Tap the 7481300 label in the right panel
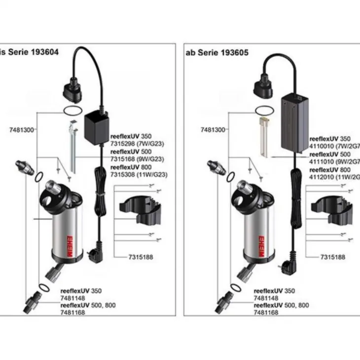[x=213, y=130]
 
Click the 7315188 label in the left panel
[x=128, y=257]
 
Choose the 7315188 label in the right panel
[x=333, y=257]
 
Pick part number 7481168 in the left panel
[x=72, y=313]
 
